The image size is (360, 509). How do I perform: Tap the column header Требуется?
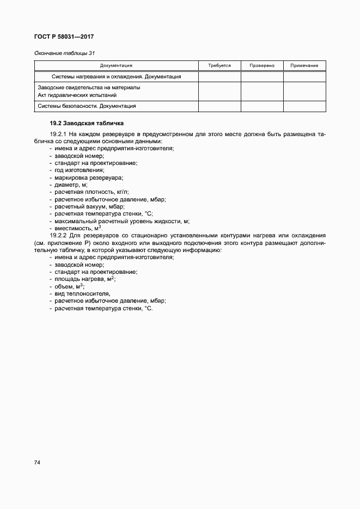(219, 65)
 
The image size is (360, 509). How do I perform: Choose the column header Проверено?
(262, 65)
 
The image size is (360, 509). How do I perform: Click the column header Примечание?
(304, 65)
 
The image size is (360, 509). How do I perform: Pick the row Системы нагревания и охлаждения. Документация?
(116, 77)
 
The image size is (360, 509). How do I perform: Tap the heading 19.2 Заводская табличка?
(87, 124)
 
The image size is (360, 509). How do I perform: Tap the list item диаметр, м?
(71, 185)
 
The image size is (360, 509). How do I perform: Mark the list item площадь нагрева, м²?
(85, 279)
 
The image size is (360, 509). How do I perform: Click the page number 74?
(38, 463)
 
